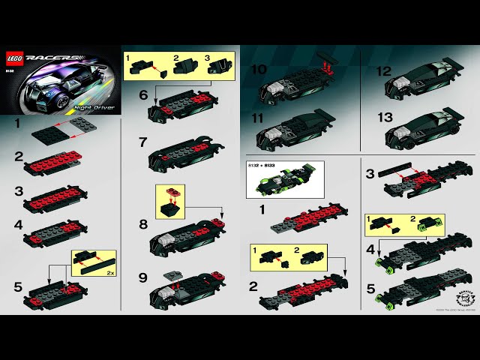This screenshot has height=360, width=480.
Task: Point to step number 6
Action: pyautogui.click(x=143, y=95)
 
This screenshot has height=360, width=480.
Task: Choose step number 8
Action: pyautogui.click(x=143, y=223)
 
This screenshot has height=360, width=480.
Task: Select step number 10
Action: pyautogui.click(x=259, y=69)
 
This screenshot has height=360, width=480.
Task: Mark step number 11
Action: pyautogui.click(x=258, y=118)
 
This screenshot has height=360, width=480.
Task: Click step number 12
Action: pyautogui.click(x=383, y=72)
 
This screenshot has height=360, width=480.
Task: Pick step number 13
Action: pyautogui.click(x=383, y=118)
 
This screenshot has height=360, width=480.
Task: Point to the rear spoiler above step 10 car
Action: pyautogui.click(x=326, y=62)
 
